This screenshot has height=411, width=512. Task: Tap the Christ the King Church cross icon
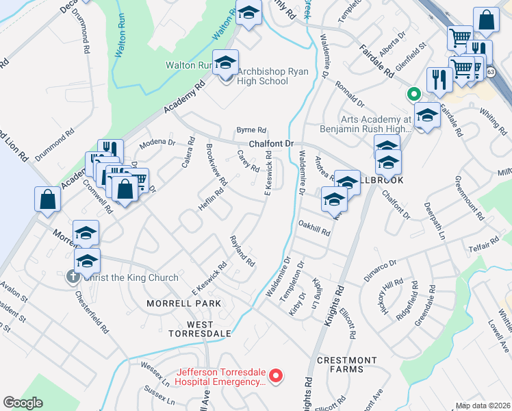(x=73, y=277)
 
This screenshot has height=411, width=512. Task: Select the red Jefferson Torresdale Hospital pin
(x=276, y=375)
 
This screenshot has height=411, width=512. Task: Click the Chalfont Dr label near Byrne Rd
(x=270, y=144)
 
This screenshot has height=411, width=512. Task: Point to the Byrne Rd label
(x=251, y=129)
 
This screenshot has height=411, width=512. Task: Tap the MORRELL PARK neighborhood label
(x=184, y=303)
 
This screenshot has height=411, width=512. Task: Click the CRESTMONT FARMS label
(x=347, y=364)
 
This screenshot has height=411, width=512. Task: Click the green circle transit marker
(x=413, y=95)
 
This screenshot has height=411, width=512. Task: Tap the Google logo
(x=23, y=403)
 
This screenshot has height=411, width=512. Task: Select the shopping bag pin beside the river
(x=47, y=199)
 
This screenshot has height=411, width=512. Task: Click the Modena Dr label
(x=157, y=143)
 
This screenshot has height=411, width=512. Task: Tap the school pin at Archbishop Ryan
(x=225, y=63)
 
